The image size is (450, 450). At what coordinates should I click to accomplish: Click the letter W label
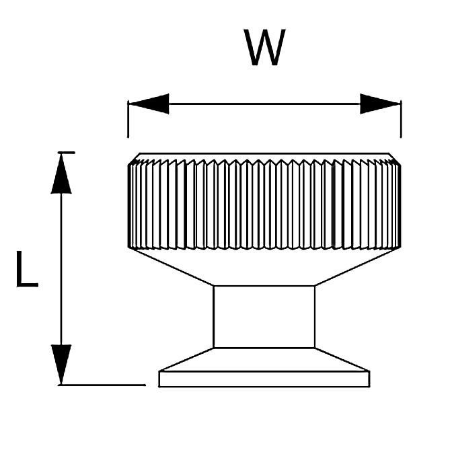coord(264,47)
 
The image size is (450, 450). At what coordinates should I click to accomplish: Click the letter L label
coord(28,269)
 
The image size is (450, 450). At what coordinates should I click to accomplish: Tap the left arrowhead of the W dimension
coord(149,104)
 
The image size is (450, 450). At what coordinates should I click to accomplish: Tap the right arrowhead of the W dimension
coord(381,104)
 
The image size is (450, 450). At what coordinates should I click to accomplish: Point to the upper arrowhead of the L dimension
coord(61,174)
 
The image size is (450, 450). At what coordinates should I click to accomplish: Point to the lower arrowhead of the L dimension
coord(61,365)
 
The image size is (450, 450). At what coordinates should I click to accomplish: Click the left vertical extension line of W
coord(128,119)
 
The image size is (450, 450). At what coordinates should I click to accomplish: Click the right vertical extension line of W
coord(401,119)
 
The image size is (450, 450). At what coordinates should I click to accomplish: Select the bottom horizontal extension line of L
coord(102,385)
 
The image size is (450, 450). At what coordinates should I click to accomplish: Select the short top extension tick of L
coord(67,153)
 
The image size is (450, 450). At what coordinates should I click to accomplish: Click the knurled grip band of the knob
coord(264,204)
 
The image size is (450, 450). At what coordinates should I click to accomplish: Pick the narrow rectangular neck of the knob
coord(264,317)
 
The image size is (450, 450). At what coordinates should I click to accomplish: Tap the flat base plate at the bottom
coord(264,379)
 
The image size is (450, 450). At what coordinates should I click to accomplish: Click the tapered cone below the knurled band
coord(264,267)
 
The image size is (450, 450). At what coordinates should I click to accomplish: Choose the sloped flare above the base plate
coord(264,360)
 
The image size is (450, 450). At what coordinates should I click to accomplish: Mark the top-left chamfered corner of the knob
coord(134,159)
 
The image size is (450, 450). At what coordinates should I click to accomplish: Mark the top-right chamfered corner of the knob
coord(395,159)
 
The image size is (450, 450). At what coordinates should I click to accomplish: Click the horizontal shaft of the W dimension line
coord(264,104)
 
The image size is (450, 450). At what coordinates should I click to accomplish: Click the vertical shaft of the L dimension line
coord(61,269)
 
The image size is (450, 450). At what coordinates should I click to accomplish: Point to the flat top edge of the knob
coord(264,153)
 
